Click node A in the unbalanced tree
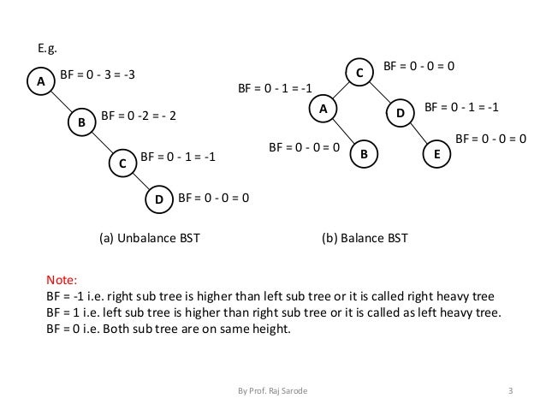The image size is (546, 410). click(38, 81)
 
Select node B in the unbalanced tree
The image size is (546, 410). click(81, 123)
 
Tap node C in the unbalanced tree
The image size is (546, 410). click(123, 163)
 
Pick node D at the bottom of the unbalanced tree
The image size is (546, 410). click(159, 200)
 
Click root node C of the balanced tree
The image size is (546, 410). click(359, 74)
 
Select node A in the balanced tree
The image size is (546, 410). click(323, 110)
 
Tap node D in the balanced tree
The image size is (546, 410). click(400, 113)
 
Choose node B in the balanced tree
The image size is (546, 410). click(364, 155)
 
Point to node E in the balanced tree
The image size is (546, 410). click(436, 155)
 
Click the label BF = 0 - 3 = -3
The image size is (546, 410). click(98, 75)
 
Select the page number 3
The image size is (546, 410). click(510, 392)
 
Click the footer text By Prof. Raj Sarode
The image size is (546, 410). click(274, 392)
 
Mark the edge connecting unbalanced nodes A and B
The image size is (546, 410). click(60, 103)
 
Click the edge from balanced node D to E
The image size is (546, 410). click(418, 134)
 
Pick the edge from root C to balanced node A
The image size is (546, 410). click(341, 92)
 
